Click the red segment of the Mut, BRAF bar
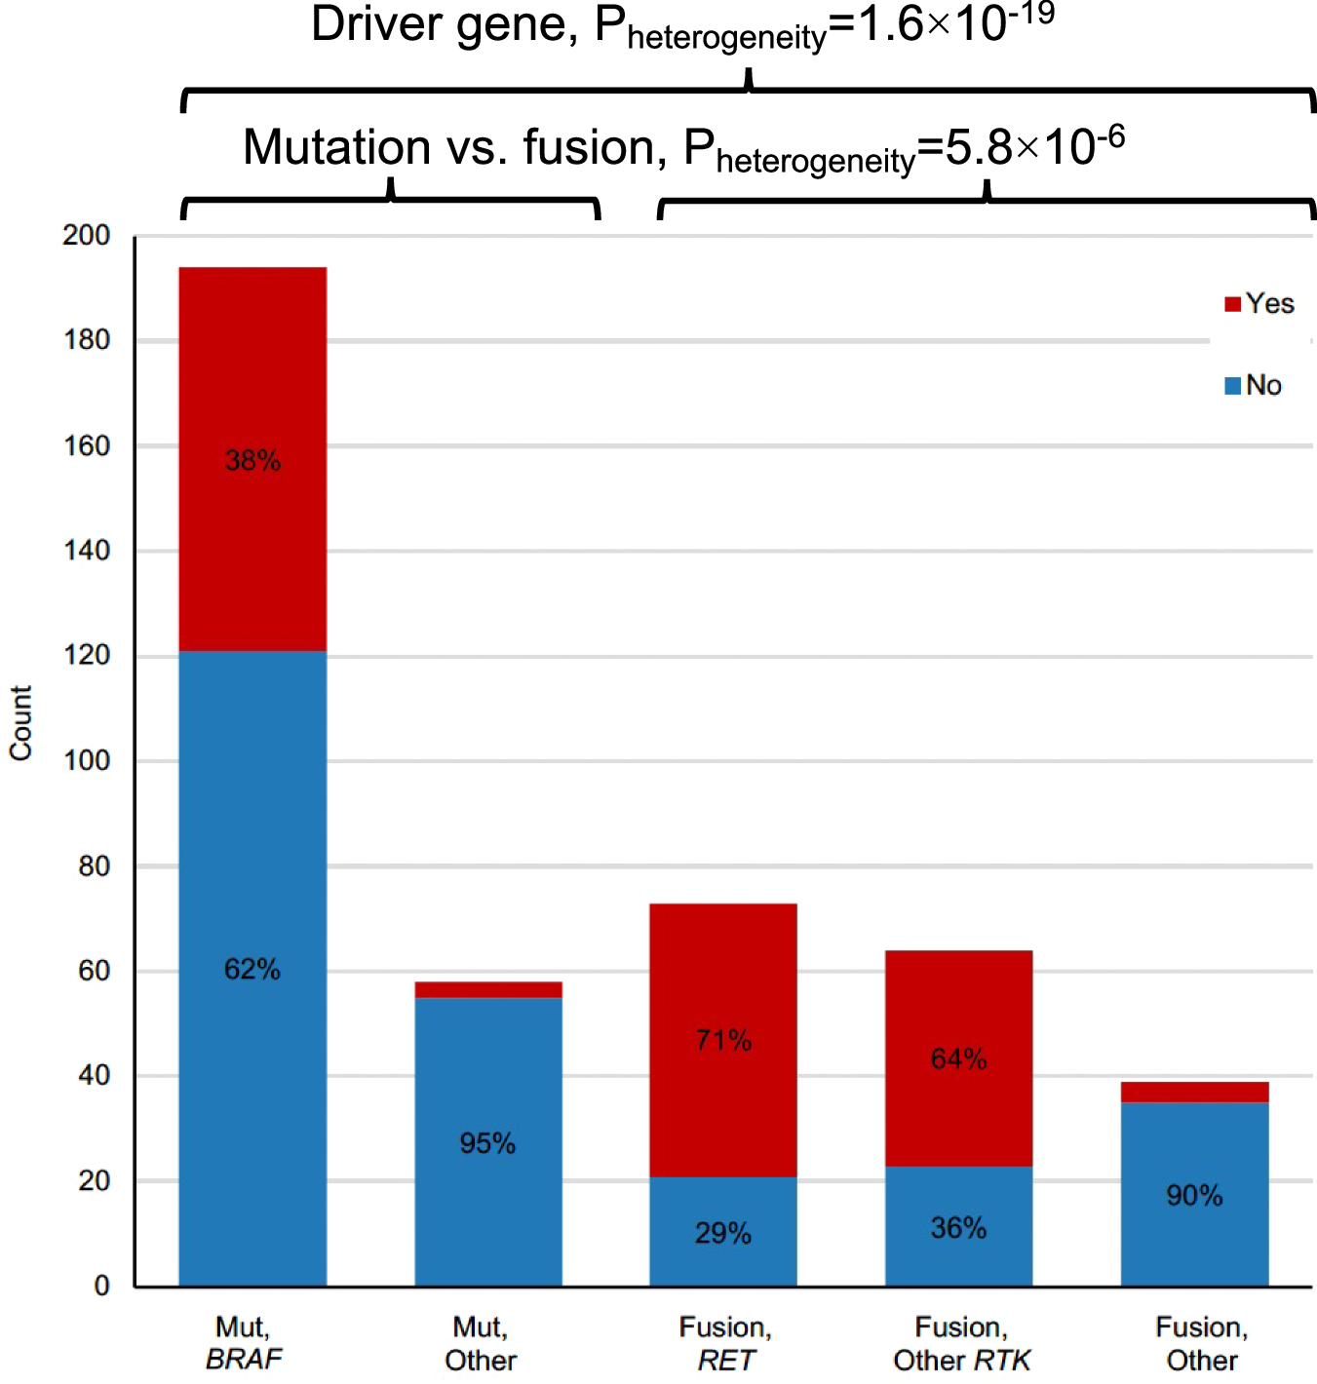(x=252, y=390)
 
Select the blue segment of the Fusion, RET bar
(x=722, y=1209)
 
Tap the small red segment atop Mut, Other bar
(x=487, y=989)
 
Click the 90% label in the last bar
(x=1194, y=1195)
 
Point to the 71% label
(x=723, y=1040)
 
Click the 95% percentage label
(x=487, y=1142)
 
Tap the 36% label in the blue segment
(x=958, y=1227)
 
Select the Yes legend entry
(x=1259, y=303)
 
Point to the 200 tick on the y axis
(x=87, y=235)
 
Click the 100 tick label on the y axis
(x=87, y=760)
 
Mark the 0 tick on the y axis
(x=101, y=1286)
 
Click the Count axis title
(x=20, y=722)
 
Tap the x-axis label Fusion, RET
(x=725, y=1343)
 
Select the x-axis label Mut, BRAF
(x=244, y=1343)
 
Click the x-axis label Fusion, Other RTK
(x=961, y=1343)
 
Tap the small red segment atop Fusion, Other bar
(x=1194, y=1092)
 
